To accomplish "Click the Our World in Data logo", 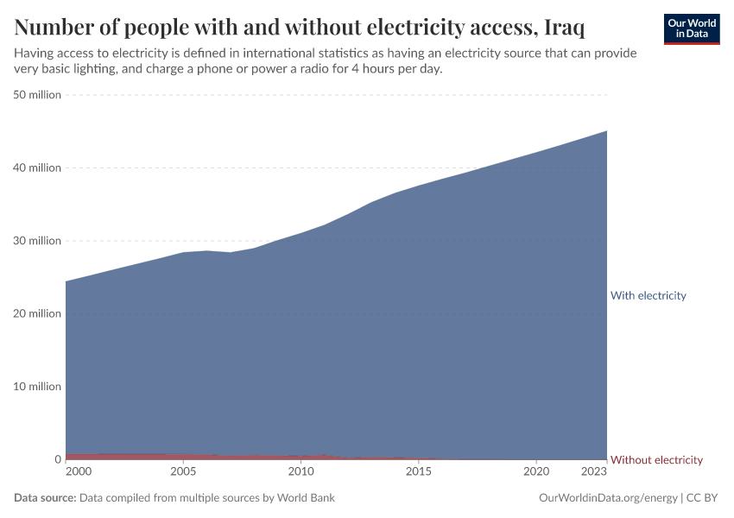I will pyautogui.click(x=691, y=28).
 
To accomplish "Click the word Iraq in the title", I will pyautogui.click(x=565, y=28).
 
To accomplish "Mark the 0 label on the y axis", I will pyautogui.click(x=57, y=459).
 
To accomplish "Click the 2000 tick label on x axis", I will pyautogui.click(x=78, y=472).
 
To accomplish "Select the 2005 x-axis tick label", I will pyautogui.click(x=183, y=472).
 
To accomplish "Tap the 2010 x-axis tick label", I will pyautogui.click(x=301, y=472).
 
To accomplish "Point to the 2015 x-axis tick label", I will pyautogui.click(x=419, y=472).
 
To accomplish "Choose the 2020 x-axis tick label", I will pyautogui.click(x=536, y=472).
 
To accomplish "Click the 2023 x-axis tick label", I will pyautogui.click(x=594, y=472).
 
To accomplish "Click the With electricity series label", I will pyautogui.click(x=648, y=295).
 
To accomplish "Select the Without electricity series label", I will pyautogui.click(x=656, y=459).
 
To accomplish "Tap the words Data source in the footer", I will pyautogui.click(x=45, y=498).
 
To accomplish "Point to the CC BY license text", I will pyautogui.click(x=703, y=498).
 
